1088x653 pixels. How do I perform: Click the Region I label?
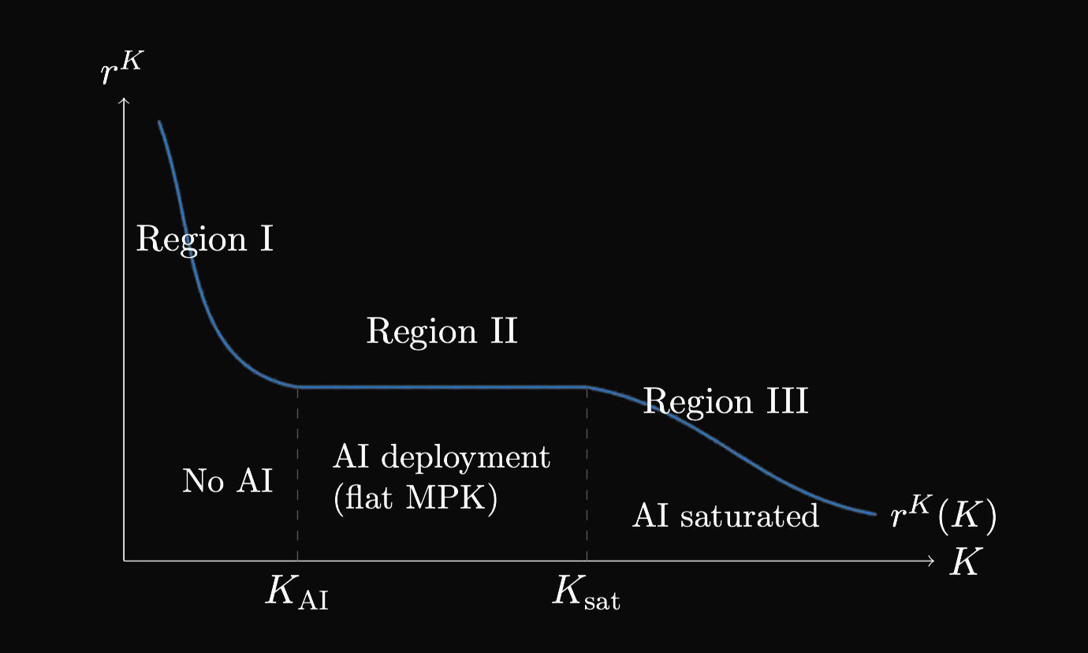[205, 238]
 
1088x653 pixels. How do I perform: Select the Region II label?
[442, 331]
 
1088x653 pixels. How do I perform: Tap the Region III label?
[725, 401]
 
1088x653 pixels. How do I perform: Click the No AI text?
[227, 480]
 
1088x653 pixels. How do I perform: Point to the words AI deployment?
[442, 457]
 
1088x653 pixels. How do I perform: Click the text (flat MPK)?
[415, 500]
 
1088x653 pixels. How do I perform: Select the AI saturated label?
[725, 516]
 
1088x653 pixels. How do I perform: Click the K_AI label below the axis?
[296, 593]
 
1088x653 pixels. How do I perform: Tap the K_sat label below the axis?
[586, 593]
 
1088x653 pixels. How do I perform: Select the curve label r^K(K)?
[943, 516]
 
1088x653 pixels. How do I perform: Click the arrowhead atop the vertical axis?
[124, 100]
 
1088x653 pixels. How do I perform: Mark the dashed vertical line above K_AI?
[297, 473]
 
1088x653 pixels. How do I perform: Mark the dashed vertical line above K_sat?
[587, 473]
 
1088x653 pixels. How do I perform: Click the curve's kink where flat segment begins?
[298, 386]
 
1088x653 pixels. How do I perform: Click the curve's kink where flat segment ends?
[586, 386]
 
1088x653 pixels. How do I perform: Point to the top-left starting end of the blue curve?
[159, 122]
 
